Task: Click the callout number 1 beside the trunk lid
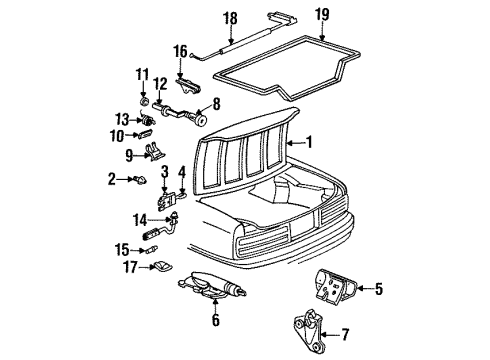coord(309,142)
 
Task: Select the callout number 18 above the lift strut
coord(230,18)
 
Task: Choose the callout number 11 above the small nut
coord(143,74)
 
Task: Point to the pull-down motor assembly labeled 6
coord(213,293)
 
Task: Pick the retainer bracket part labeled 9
coord(151,153)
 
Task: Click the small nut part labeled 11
coord(144,102)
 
